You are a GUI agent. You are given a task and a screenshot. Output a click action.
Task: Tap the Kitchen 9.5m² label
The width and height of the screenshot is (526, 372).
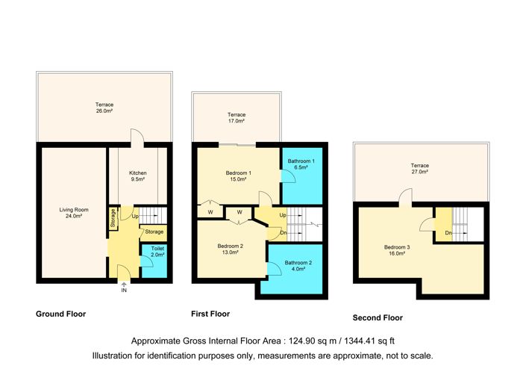(x=138, y=176)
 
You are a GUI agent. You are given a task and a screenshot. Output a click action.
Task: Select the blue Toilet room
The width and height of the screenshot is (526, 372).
(x=154, y=261)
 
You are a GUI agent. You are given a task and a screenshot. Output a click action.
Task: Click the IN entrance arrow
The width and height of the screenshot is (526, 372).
(x=124, y=286)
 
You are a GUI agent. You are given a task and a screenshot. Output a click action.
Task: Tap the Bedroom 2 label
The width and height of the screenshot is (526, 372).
(x=230, y=249)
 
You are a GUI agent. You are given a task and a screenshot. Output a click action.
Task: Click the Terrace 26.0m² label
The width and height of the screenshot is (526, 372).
(x=104, y=108)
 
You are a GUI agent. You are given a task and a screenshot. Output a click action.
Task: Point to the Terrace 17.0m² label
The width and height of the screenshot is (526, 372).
(x=237, y=117)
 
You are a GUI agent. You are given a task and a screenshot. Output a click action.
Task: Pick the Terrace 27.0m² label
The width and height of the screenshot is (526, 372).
(x=419, y=169)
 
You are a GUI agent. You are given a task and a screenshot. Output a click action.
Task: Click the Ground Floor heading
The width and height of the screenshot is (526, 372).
(x=61, y=314)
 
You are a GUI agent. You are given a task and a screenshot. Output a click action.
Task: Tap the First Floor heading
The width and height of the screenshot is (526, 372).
(x=210, y=314)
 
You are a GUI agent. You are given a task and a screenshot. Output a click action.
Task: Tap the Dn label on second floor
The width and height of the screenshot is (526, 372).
(x=448, y=232)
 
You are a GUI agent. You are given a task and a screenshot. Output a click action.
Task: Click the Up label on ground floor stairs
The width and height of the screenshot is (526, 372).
(x=135, y=217)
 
